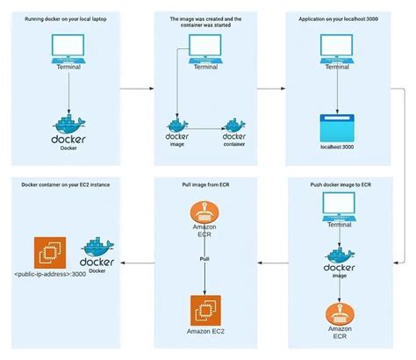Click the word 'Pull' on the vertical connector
pyautogui.click(x=204, y=260)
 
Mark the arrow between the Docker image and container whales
pyautogui.click(x=206, y=130)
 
